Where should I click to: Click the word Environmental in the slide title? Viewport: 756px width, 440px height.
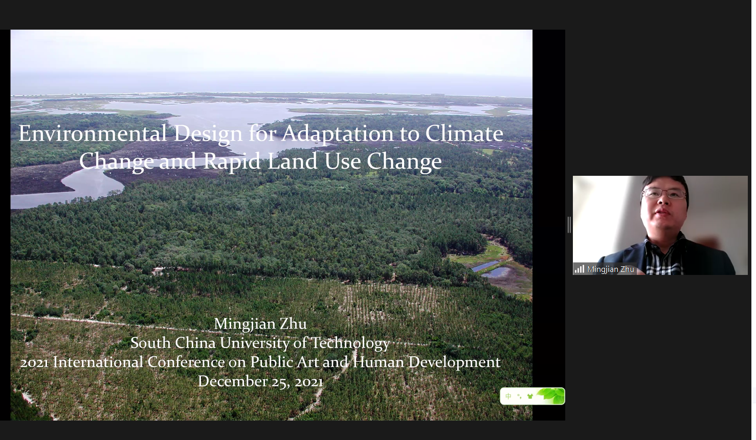(93, 133)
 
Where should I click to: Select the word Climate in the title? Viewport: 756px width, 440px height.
(464, 133)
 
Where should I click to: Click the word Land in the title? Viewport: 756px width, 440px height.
(292, 161)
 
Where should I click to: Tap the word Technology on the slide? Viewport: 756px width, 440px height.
(350, 343)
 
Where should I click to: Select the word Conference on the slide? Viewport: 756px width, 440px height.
(186, 362)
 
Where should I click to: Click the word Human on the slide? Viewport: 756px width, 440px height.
(379, 362)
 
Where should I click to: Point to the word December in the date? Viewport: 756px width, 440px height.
(233, 381)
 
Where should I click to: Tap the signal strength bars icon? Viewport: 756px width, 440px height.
(580, 269)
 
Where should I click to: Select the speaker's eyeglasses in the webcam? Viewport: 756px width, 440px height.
(664, 193)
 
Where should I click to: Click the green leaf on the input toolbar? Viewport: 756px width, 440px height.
(551, 396)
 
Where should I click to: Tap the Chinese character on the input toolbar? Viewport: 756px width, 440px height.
(508, 396)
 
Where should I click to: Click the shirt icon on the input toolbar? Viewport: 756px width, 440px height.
(530, 396)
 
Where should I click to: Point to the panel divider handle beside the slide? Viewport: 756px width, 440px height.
(569, 225)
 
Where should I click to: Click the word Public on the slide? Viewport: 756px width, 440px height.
(271, 362)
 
